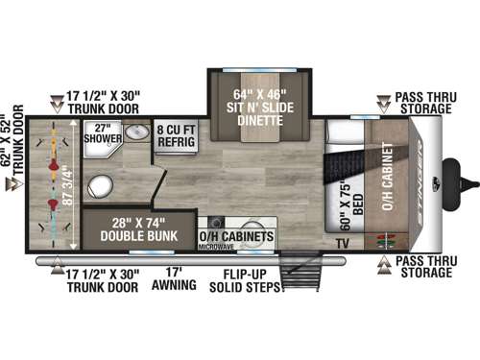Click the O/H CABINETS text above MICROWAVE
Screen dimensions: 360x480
click(236, 235)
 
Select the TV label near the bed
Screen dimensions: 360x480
click(343, 244)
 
